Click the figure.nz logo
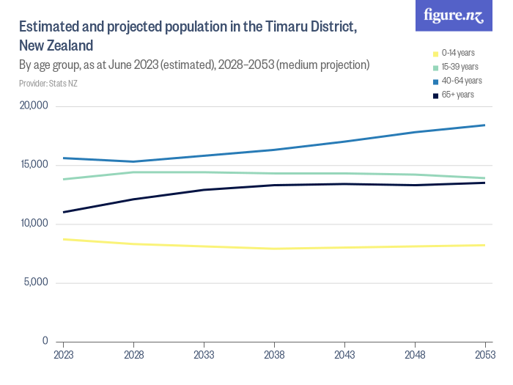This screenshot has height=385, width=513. pyautogui.click(x=454, y=16)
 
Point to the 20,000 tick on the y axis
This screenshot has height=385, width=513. pyautogui.click(x=33, y=106)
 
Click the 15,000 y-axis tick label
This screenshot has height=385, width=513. pyautogui.click(x=33, y=164)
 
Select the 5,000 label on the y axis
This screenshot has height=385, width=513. pyautogui.click(x=35, y=282)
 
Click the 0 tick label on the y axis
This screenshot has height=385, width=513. pyautogui.click(x=45, y=341)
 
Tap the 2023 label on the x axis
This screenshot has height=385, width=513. pyautogui.click(x=63, y=355)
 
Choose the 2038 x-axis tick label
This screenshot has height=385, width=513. pyautogui.click(x=274, y=355)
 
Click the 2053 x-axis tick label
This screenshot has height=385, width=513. pyautogui.click(x=485, y=355)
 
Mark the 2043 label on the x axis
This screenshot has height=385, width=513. pyautogui.click(x=344, y=355)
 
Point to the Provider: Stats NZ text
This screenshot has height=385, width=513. pyautogui.click(x=48, y=84)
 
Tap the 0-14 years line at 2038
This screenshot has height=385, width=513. pyautogui.click(x=274, y=249)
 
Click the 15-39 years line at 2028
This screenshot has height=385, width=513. pyautogui.click(x=133, y=172)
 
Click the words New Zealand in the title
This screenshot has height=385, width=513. pyautogui.click(x=56, y=45)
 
